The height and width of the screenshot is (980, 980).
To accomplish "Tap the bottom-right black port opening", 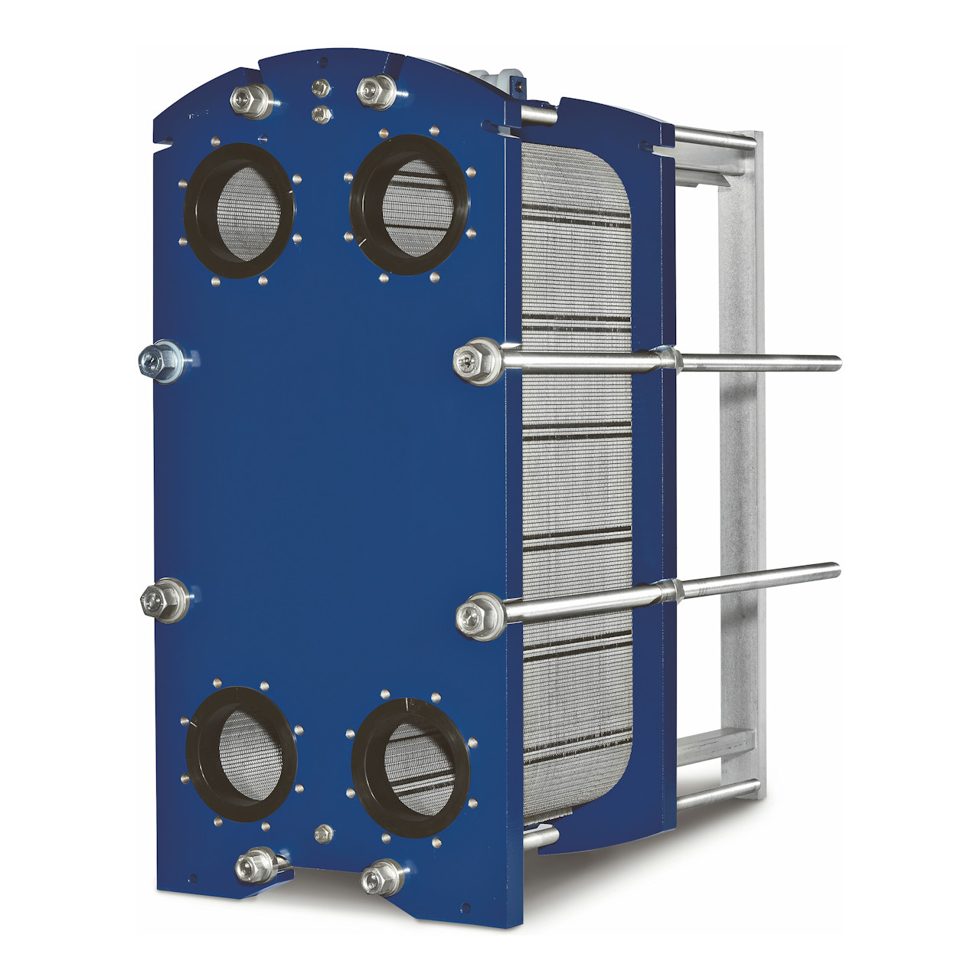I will point(412,764).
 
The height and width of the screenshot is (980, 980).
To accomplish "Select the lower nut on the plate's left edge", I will point(157,600).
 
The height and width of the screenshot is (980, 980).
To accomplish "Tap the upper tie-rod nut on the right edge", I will point(469,360).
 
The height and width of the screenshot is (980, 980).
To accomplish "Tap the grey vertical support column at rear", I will point(739,459).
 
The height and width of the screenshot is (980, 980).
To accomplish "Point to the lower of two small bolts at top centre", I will point(322,115).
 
